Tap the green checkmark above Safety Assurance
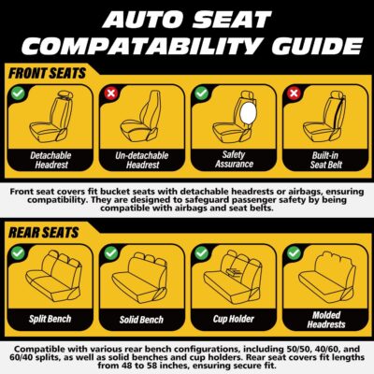[201, 94]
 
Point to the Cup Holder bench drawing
[232, 277]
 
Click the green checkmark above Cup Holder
[201, 252]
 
